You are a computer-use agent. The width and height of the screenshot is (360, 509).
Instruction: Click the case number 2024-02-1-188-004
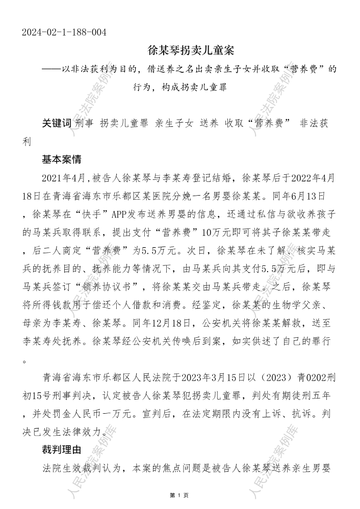tap(64, 33)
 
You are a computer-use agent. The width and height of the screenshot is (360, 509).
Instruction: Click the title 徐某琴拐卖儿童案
tap(190, 51)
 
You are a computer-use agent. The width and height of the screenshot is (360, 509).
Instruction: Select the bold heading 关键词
tap(57, 123)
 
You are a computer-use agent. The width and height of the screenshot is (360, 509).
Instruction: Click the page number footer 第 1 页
tap(179, 495)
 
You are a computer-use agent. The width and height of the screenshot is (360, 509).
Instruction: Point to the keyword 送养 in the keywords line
tap(210, 123)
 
